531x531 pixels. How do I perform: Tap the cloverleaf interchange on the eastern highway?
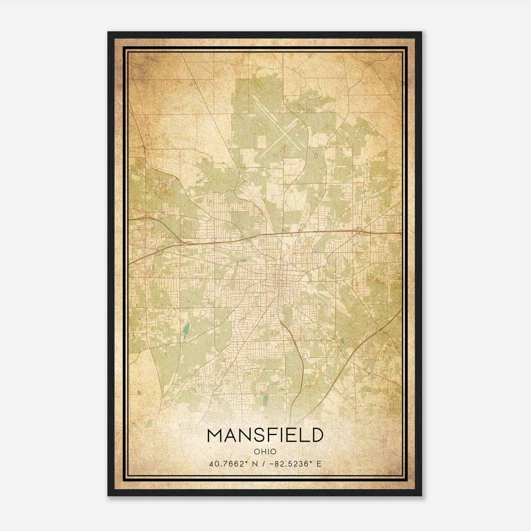pyautogui.click(x=360, y=231)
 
